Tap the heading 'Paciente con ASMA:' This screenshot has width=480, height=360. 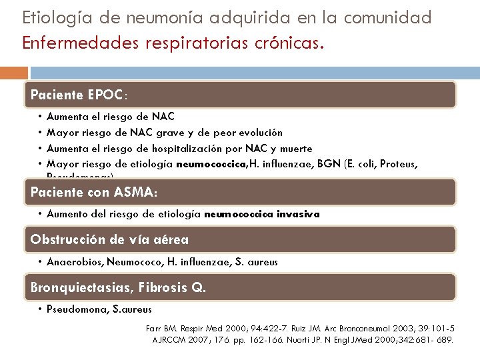(94, 192)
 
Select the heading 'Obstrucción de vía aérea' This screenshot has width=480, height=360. (110, 239)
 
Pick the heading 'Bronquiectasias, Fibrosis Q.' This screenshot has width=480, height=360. (119, 287)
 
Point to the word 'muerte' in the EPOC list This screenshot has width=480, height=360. (296, 149)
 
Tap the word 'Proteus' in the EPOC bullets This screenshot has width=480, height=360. (399, 164)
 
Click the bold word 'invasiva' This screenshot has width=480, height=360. (299, 215)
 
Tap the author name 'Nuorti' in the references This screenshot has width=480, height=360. (306, 339)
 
